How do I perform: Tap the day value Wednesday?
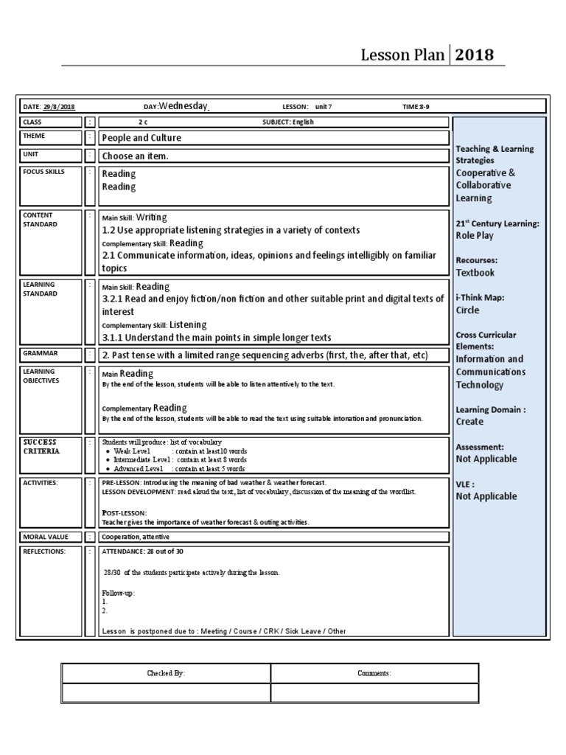184,105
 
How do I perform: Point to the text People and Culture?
141,138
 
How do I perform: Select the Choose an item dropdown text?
136,156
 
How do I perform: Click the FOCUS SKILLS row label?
43,172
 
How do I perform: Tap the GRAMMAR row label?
40,353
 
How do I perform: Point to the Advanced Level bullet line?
180,468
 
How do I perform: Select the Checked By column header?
166,673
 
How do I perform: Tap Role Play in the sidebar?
475,236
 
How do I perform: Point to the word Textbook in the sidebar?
475,273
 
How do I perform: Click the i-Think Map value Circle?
467,310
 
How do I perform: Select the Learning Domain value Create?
469,422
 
